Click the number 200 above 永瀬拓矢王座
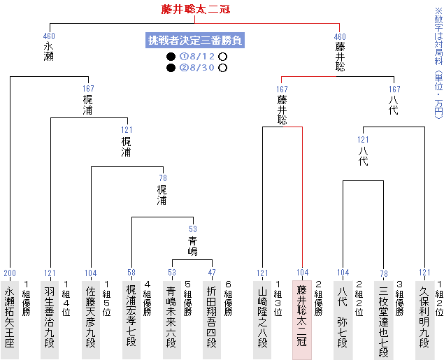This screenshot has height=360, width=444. pyautogui.click(x=10, y=273)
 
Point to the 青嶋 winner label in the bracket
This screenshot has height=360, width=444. pyautogui.click(x=193, y=246)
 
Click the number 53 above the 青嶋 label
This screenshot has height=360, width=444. pyautogui.click(x=193, y=229)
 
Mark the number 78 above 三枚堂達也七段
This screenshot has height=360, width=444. pyautogui.click(x=383, y=273)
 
